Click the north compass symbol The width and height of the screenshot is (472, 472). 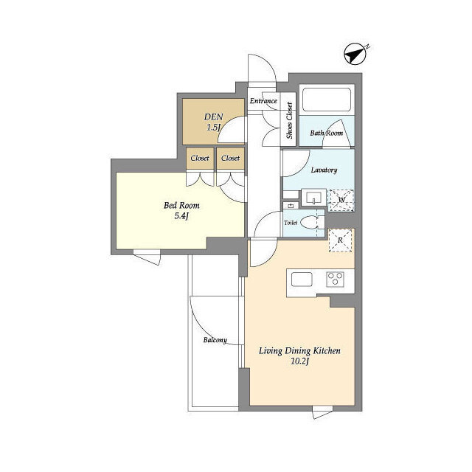click(355, 54)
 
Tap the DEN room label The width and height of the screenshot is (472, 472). click(213, 117)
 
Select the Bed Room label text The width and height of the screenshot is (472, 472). click(181, 206)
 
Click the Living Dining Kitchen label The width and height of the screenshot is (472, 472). click(300, 351)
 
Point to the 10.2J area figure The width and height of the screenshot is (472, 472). click(300, 361)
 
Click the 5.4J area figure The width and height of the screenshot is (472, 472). click(181, 216)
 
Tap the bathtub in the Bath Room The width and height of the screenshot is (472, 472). click(327, 100)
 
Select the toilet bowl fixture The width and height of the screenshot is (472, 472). click(309, 223)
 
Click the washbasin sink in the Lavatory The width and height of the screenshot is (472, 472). click(314, 198)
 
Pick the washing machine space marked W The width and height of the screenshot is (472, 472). click(341, 200)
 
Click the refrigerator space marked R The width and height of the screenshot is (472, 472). click(341, 240)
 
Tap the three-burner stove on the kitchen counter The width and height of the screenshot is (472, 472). click(336, 279)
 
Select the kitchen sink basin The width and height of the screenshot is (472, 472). click(302, 279)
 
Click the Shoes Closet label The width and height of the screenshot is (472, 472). click(289, 120)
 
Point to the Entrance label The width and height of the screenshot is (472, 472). click(263, 101)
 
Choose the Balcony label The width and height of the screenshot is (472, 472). click(215, 340)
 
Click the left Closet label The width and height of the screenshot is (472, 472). click(200, 158)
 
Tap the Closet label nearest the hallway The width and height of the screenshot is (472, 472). click(231, 158)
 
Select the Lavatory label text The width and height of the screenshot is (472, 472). click(324, 170)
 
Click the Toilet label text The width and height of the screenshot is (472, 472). click(291, 223)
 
